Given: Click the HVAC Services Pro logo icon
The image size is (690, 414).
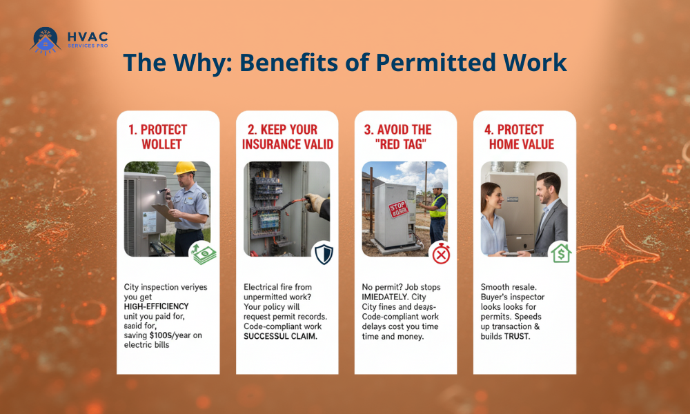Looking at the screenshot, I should coord(46,40).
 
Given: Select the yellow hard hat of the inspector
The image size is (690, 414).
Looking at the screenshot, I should coord(185,168).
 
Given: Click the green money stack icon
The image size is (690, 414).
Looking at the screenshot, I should coord(204,253).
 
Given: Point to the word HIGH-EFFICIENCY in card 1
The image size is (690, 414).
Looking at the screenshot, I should coord(156,306).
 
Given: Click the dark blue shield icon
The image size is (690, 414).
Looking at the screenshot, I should coord(323,253).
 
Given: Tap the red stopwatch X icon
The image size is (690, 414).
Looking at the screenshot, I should coord(442,253).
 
